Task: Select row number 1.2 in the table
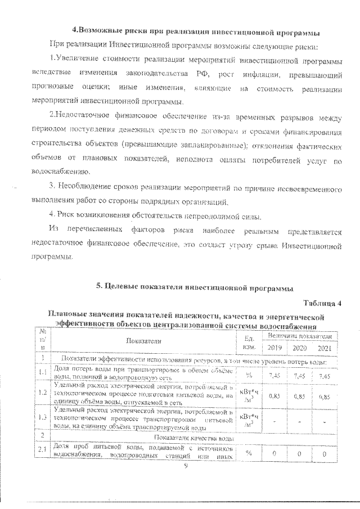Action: click(42, 391)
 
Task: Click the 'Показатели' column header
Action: click(143, 341)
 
